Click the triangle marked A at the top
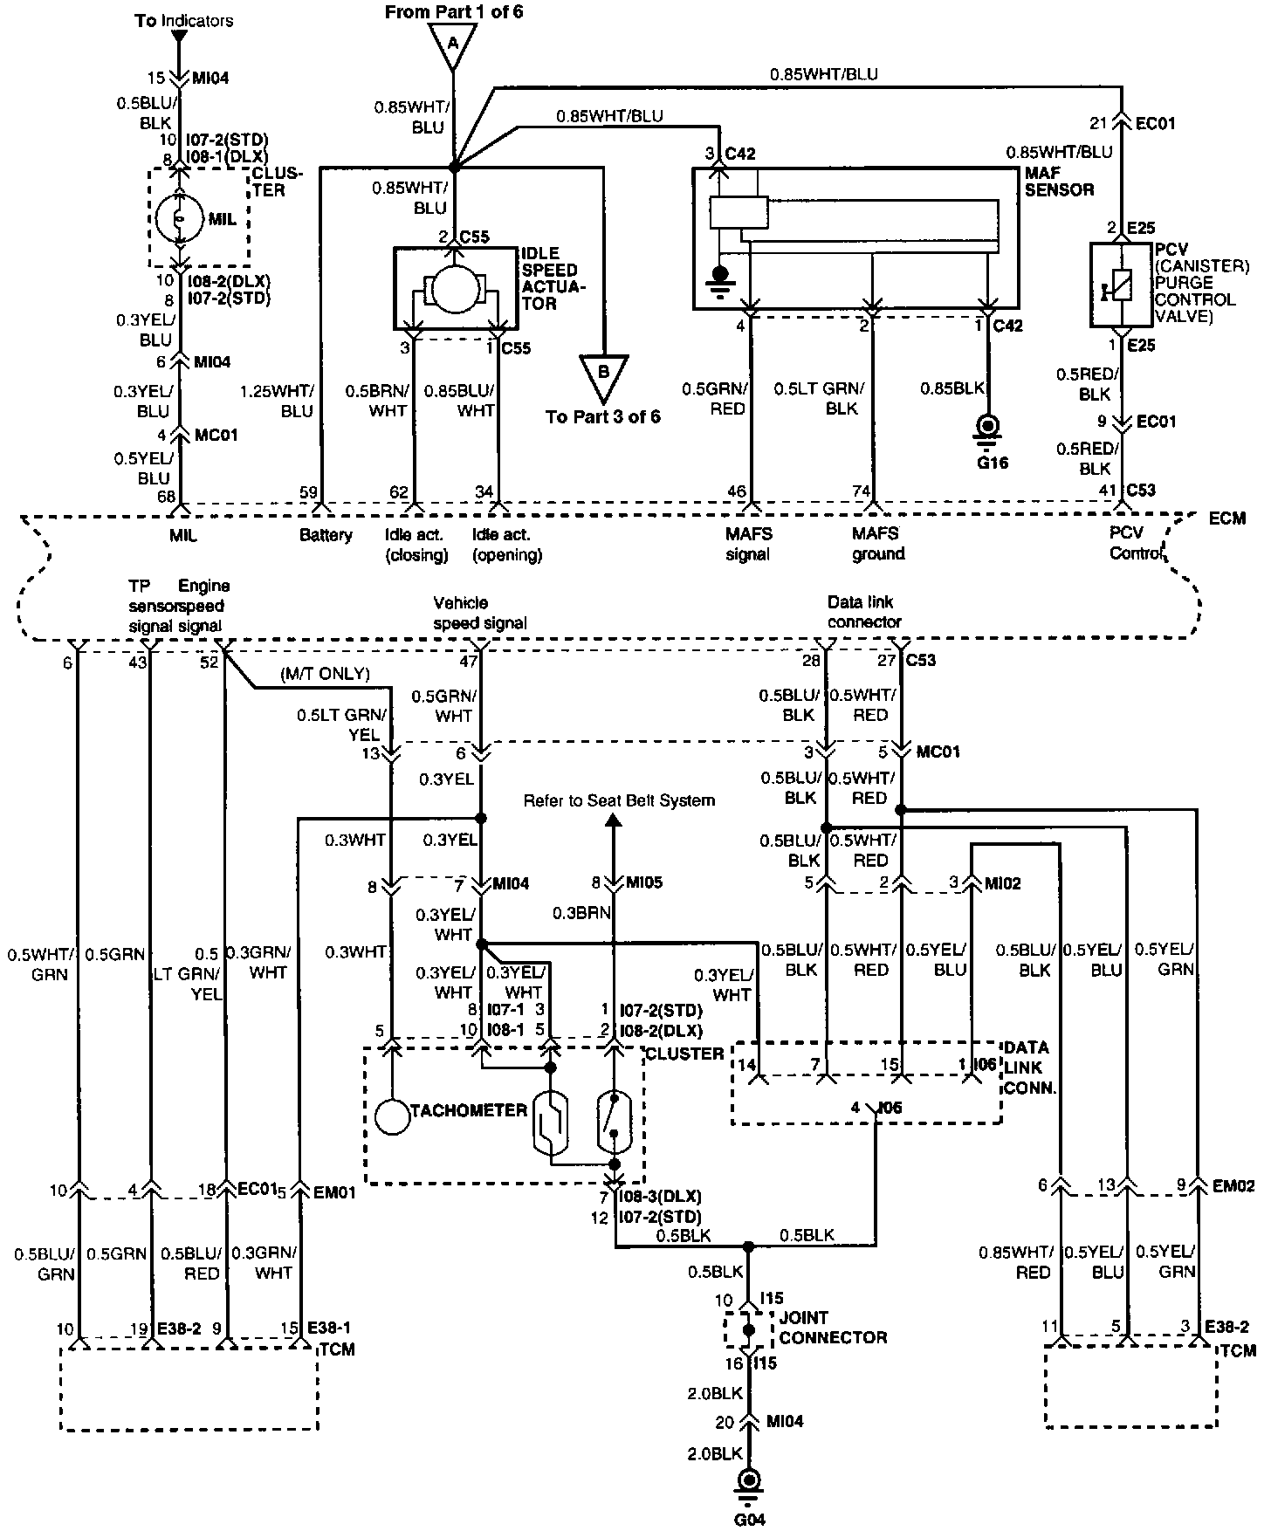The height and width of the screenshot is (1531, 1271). point(452,44)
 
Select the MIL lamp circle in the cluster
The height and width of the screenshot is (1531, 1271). point(180,217)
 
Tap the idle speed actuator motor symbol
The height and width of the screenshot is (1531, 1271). point(454,288)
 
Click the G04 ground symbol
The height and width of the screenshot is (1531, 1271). point(749,1480)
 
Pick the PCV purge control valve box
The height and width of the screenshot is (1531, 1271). point(1123,285)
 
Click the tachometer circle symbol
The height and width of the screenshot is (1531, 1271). point(392,1117)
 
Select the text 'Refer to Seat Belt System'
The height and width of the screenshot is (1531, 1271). point(619,800)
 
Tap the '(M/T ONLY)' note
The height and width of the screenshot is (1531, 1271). point(325,674)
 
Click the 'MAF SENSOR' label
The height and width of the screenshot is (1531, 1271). point(1059,182)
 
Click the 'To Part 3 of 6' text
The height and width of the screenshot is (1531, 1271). point(603,416)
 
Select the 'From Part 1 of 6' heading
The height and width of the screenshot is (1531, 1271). point(454,12)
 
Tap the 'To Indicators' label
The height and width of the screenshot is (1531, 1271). point(184,20)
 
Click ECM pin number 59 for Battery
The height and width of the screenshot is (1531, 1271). point(308,492)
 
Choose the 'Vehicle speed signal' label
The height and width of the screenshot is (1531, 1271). point(481,613)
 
